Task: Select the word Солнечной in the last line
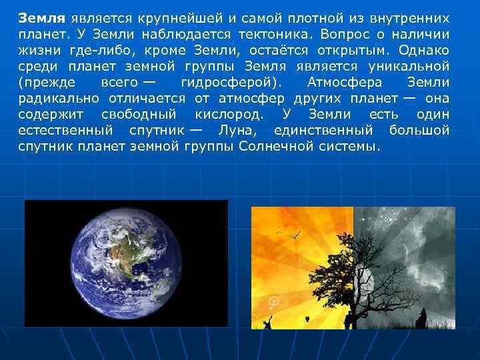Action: point(271,146)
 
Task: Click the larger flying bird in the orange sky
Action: point(291,234)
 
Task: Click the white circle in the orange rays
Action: point(273,302)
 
